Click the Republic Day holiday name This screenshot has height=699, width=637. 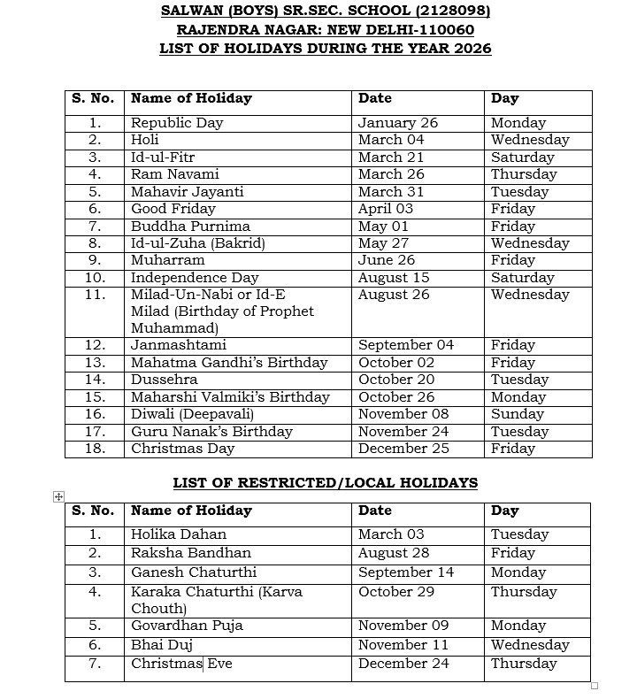click(177, 123)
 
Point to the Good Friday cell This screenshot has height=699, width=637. click(173, 209)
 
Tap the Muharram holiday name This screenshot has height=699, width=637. click(168, 260)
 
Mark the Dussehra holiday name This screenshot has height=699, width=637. click(164, 380)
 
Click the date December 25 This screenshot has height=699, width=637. click(403, 449)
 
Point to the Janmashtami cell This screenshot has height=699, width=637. click(179, 345)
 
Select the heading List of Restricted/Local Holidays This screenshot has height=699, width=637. click(326, 482)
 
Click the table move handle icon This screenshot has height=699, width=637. click(58, 497)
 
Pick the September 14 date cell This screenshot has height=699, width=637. click(406, 572)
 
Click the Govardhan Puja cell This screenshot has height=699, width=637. click(187, 626)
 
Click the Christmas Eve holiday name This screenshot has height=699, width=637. click(182, 664)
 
